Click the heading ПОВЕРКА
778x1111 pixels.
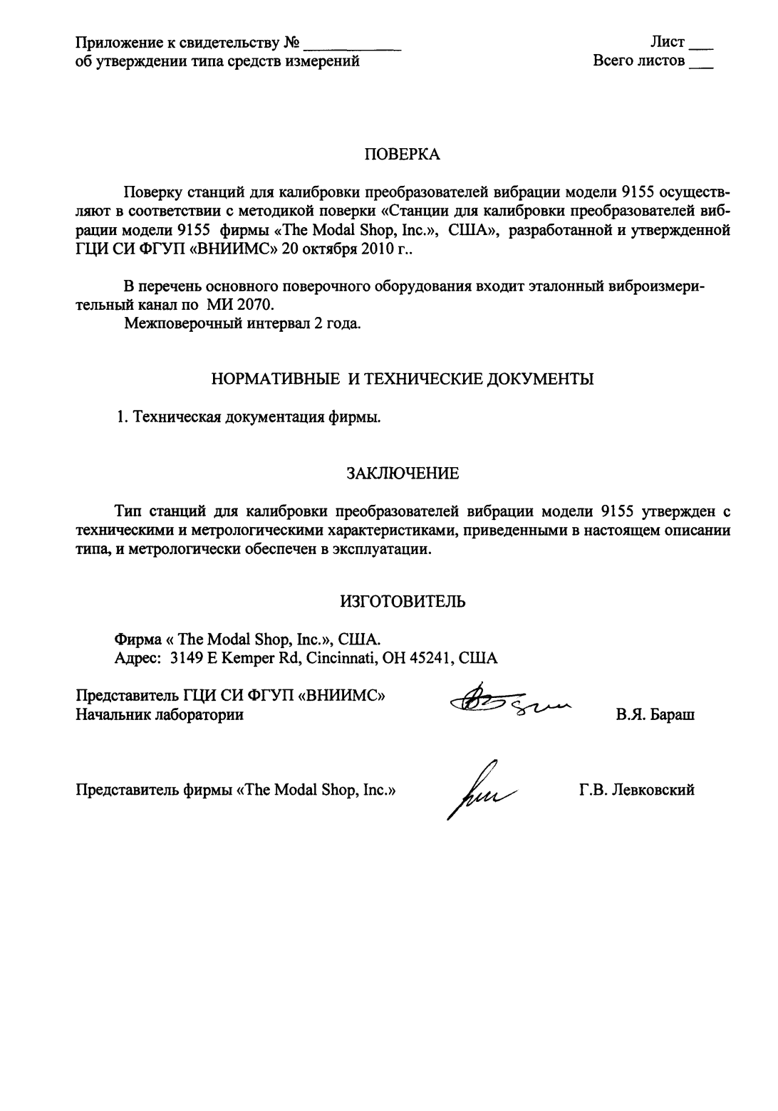point(403,155)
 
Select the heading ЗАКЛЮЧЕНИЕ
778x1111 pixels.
point(403,473)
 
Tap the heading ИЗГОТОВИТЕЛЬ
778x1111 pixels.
point(403,601)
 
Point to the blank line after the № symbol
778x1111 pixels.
point(352,47)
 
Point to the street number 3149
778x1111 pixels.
point(187,658)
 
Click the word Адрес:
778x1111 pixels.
point(139,658)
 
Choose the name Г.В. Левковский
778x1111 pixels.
point(638,790)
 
